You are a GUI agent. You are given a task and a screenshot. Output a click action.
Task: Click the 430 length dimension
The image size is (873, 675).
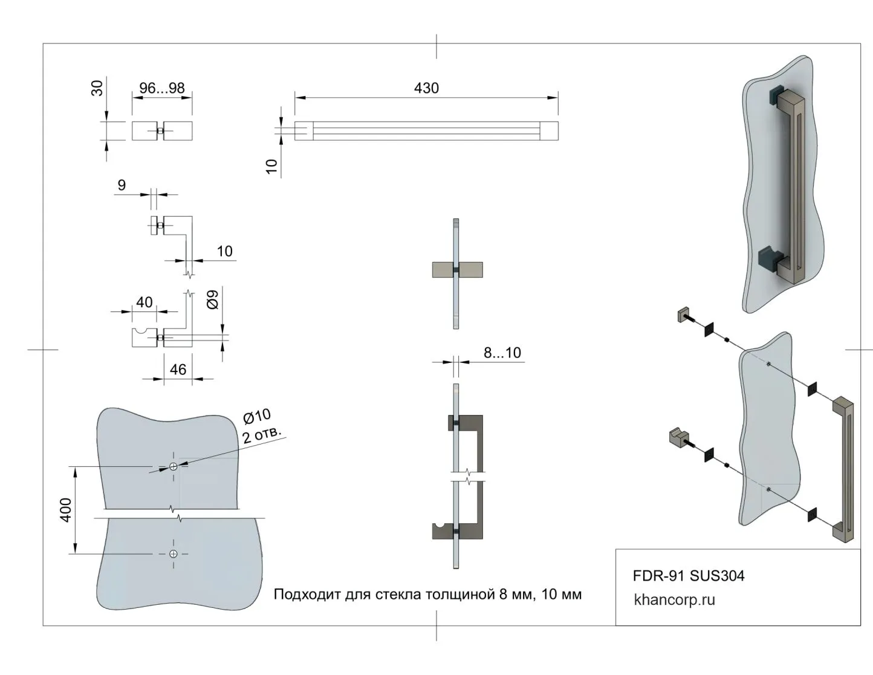click(426, 88)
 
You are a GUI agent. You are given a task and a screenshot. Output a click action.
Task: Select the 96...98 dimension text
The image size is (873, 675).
click(162, 88)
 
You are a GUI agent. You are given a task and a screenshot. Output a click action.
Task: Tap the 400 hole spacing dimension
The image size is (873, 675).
click(66, 510)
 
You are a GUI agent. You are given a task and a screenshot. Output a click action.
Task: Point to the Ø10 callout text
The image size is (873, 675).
click(257, 417)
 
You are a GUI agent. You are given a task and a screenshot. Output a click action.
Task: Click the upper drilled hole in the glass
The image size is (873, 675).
click(174, 466)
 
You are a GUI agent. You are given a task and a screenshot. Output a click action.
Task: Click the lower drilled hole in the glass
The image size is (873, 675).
click(174, 554)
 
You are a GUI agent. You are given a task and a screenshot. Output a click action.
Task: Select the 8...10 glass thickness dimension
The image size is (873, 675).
click(502, 353)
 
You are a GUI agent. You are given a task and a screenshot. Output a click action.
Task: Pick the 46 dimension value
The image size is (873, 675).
click(178, 370)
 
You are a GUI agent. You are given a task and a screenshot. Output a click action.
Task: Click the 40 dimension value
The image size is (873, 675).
click(144, 302)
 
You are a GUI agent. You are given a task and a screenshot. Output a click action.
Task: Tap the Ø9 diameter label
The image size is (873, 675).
click(213, 300)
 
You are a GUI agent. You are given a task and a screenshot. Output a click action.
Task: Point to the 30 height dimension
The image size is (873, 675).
click(97, 88)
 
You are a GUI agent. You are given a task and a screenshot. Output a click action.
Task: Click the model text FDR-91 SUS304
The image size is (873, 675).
click(689, 576)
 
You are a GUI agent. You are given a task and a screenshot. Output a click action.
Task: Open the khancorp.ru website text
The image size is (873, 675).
click(674, 600)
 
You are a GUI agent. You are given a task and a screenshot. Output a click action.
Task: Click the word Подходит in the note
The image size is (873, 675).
click(307, 595)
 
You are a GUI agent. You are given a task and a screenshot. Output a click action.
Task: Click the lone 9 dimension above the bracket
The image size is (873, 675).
click(122, 185)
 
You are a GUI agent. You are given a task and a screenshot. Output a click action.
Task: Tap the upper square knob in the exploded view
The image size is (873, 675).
click(683, 315)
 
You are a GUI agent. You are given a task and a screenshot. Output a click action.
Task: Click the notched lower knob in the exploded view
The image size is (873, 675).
click(678, 437)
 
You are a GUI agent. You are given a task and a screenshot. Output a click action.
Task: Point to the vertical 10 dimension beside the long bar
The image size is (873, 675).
click(272, 166)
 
